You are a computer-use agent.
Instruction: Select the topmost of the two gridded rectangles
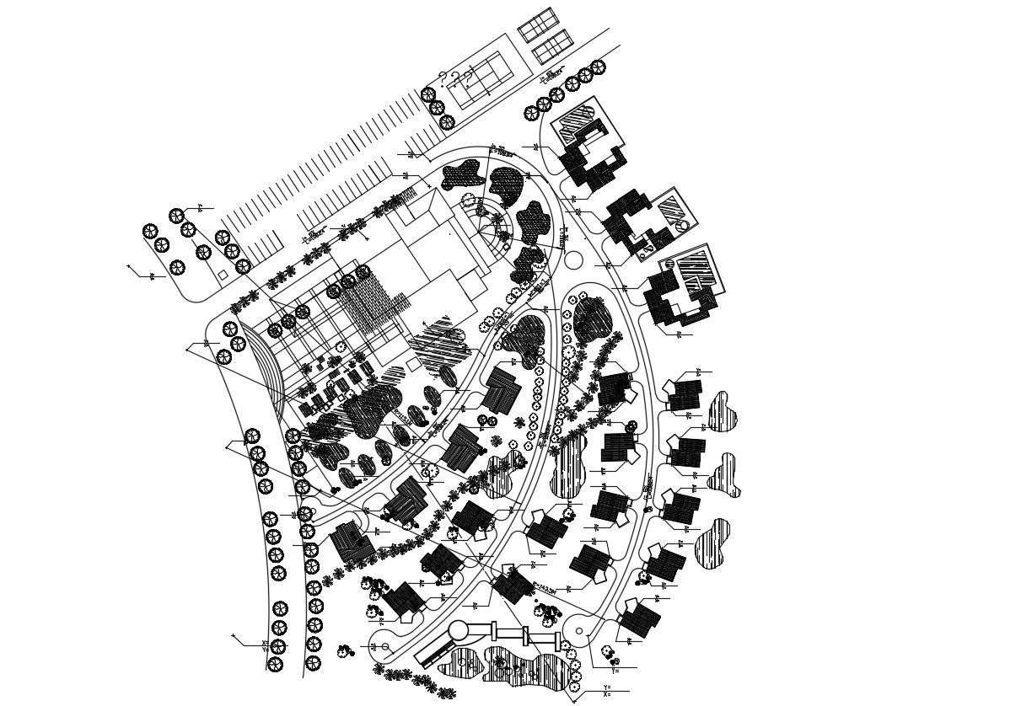[539, 24]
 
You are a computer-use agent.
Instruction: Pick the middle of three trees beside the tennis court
[437, 108]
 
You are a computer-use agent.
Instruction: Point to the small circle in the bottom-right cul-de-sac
[579, 631]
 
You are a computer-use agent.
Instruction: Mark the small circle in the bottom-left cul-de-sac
[385, 647]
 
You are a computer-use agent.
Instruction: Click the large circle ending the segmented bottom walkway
[460, 631]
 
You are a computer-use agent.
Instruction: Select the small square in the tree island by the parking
[222, 275]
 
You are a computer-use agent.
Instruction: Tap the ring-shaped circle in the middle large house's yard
[681, 225]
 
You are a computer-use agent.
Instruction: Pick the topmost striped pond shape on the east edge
[722, 412]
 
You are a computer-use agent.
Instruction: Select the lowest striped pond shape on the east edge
[713, 543]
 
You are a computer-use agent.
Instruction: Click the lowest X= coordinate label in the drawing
[607, 695]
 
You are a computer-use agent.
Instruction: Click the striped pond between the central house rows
[569, 465]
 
